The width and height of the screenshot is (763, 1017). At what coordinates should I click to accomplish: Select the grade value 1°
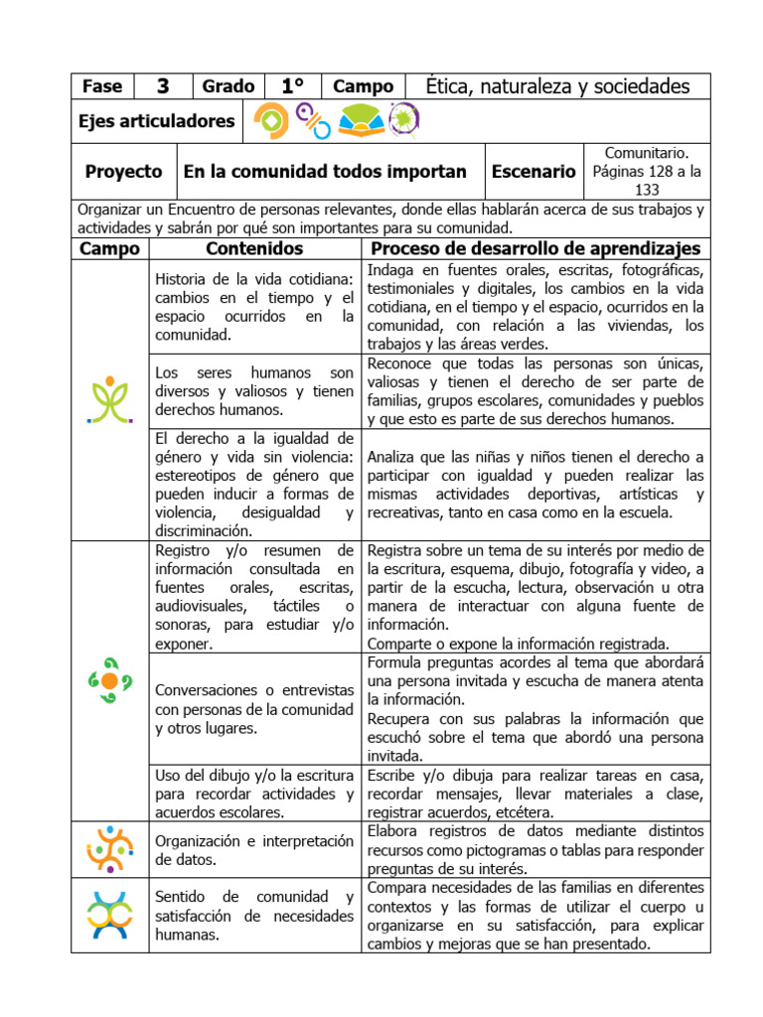[x=292, y=86]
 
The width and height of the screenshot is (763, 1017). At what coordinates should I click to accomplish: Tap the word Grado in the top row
[x=229, y=86]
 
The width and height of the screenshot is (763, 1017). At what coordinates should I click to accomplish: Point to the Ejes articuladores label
[x=156, y=121]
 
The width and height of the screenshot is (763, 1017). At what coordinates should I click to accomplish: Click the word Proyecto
[x=123, y=171]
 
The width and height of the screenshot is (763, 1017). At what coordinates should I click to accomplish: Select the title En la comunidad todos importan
[x=325, y=171]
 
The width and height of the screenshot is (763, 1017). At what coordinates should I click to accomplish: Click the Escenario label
[x=534, y=171]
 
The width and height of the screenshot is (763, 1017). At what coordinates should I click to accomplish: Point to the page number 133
[x=647, y=189]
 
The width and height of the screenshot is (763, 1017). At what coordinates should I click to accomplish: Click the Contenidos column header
[x=254, y=248]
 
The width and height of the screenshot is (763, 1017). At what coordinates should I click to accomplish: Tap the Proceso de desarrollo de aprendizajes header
[x=535, y=248]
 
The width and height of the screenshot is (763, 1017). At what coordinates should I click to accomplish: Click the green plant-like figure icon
[x=110, y=399]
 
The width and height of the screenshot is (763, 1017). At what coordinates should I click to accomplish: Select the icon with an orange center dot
[x=110, y=680]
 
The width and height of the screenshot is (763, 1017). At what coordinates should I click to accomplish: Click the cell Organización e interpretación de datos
[x=254, y=850]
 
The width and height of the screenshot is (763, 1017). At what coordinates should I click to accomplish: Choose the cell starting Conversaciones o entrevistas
[x=254, y=708]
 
